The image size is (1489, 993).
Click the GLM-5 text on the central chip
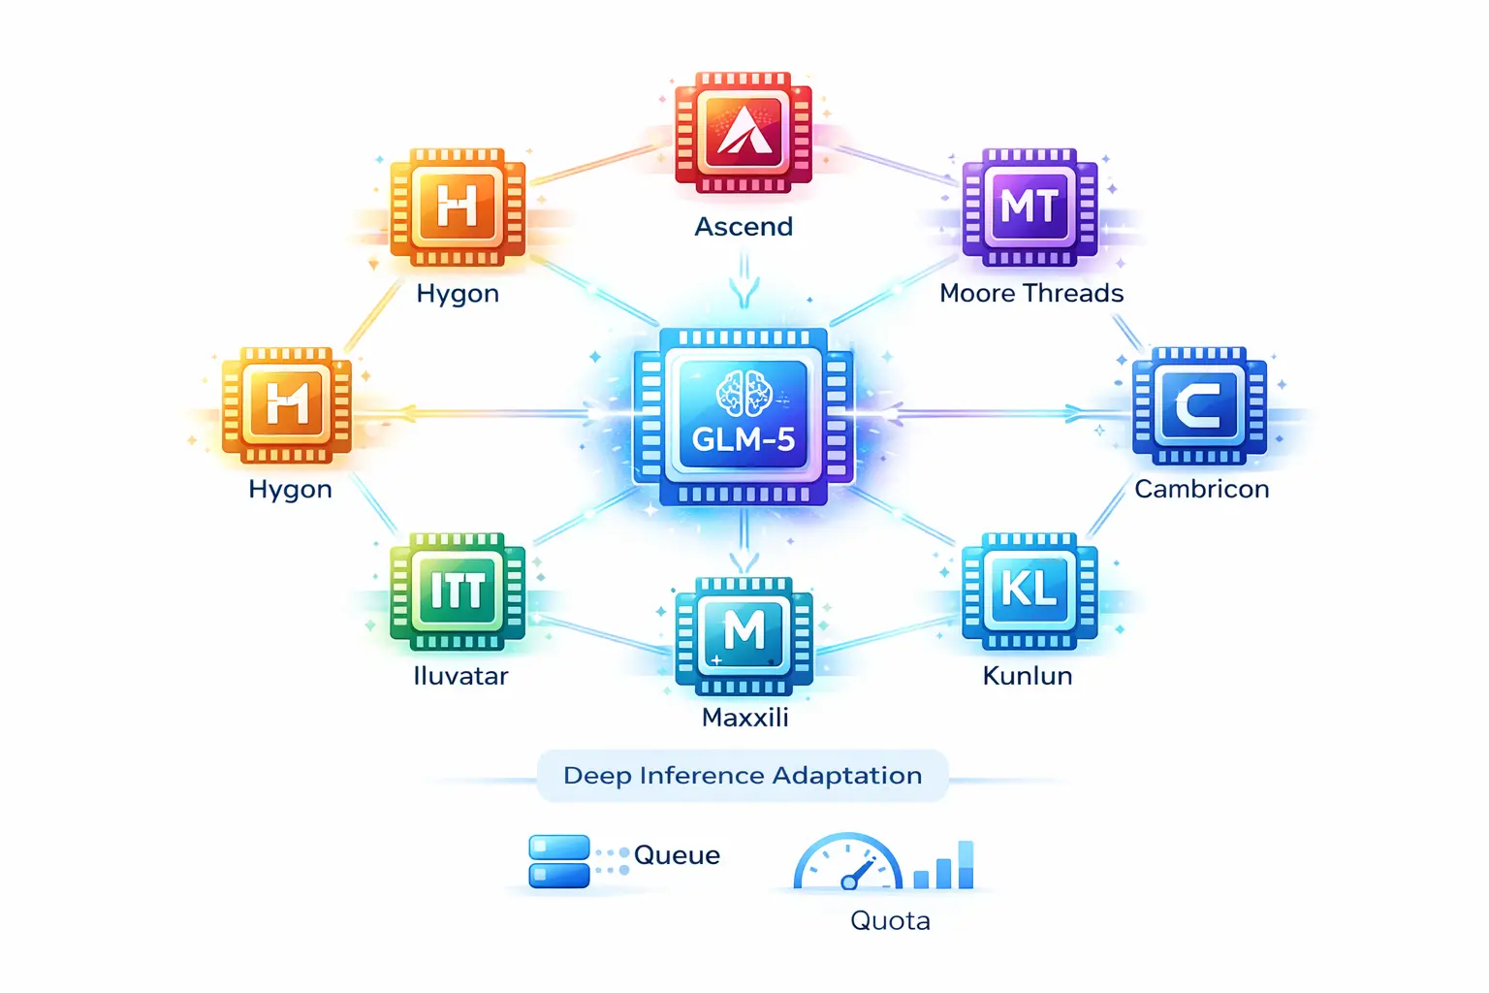[744, 439]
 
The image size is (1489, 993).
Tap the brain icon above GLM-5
[744, 393]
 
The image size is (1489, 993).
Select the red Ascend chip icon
[744, 131]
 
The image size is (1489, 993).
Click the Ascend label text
[744, 227]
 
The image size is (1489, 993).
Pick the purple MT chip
[1030, 207]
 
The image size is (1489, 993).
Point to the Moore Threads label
[1031, 293]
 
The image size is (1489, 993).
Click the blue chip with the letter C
[1199, 405]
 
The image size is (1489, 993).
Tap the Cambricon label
[1202, 489]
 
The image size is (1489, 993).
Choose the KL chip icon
[1030, 590]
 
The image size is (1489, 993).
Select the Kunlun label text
[1028, 676]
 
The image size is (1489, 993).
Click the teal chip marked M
[744, 633]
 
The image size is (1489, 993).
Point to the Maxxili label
[744, 718]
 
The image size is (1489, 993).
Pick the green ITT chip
[458, 590]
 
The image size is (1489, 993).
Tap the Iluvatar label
[460, 676]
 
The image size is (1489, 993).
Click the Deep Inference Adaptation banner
[743, 776]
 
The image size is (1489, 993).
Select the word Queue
[677, 855]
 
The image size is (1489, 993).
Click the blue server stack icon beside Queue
[559, 861]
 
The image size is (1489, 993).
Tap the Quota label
[890, 920]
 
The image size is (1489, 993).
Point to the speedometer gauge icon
[848, 863]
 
